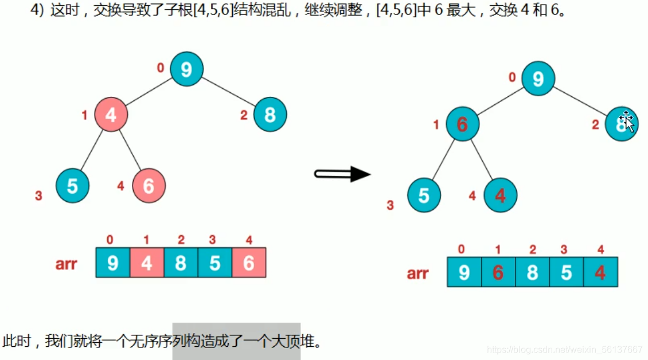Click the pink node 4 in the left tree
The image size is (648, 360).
pos(111,115)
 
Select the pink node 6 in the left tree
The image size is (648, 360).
pos(149,186)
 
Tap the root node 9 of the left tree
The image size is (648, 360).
pos(186,69)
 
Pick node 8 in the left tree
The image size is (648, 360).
pos(270,115)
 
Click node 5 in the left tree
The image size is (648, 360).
pos(72,186)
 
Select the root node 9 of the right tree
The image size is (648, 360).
pos(538,78)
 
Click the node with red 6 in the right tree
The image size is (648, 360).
pos(462,123)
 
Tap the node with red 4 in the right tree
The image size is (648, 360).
pos(500,195)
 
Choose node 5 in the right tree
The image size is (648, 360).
pos(424,195)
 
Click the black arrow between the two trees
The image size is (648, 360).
pos(343,173)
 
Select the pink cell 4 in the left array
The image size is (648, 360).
pos(147,263)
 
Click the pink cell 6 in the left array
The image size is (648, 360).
pos(249,263)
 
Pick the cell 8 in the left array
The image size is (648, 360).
pos(181,263)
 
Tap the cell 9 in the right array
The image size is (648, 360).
pos(464,272)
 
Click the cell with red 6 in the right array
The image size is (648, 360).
pos(498,272)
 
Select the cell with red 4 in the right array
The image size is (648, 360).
pos(600,272)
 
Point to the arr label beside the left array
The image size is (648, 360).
pos(67,264)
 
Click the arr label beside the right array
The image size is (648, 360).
pos(417,273)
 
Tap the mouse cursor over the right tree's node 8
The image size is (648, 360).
pos(627,122)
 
